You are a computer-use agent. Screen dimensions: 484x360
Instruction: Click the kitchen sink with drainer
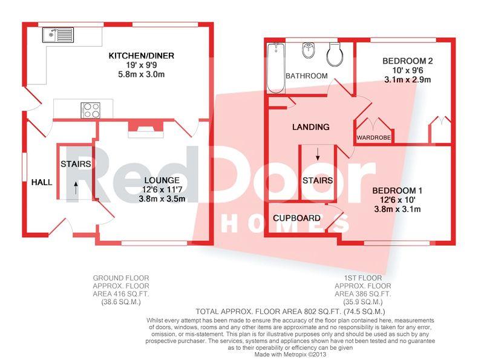point(58,35)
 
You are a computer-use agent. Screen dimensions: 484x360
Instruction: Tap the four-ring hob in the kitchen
point(90,110)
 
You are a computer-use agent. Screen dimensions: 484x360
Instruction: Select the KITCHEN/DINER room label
point(142,56)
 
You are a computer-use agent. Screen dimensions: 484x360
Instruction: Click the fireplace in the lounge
point(146,129)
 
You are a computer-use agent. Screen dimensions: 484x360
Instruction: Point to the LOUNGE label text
point(162,180)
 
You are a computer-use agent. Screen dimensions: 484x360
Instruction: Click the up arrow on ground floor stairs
point(76,188)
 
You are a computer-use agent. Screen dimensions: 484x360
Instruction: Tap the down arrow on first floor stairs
point(318,154)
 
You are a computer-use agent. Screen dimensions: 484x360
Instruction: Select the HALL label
point(42,183)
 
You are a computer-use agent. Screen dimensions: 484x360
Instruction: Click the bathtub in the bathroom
point(276,68)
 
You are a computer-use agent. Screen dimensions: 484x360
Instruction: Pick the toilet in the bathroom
point(335,54)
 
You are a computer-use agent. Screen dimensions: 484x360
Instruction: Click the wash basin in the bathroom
point(309,50)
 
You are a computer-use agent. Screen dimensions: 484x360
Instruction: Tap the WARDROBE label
point(373,138)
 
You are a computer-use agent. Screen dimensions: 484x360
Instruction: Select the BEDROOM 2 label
point(407,61)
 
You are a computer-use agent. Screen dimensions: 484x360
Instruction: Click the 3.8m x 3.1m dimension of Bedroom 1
point(397,209)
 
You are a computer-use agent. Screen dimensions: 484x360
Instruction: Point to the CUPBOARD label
point(296,218)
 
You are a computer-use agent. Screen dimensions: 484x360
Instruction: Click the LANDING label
point(311,127)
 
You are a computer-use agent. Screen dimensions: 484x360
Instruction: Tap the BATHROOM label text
point(307,76)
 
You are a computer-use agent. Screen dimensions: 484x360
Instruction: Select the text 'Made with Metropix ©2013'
point(290,355)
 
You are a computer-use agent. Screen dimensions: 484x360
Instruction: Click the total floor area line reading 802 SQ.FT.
point(290,311)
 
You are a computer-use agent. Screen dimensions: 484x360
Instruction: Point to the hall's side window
point(24,167)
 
